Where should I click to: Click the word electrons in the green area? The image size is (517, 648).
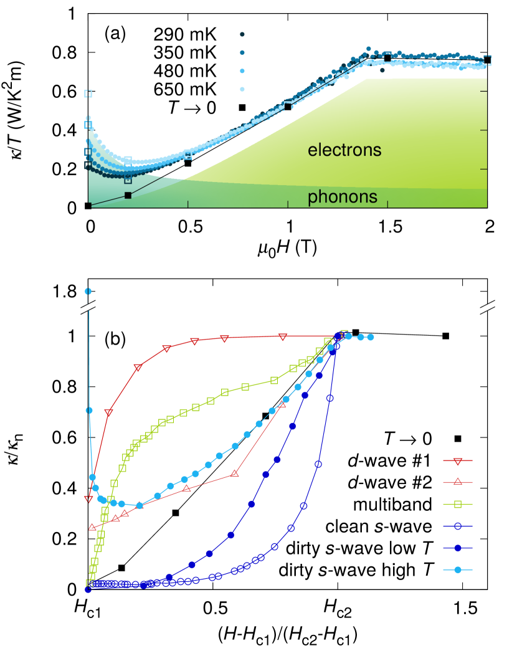click(344, 150)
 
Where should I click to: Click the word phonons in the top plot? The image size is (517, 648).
click(342, 197)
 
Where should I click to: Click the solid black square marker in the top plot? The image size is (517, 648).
click(128, 195)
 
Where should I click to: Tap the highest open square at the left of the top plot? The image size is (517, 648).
click(88, 93)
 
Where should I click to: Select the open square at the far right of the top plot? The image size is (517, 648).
click(487, 60)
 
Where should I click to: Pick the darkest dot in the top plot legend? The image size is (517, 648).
click(242, 34)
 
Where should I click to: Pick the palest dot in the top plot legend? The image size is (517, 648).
click(242, 90)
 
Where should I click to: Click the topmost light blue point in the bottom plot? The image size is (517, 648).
click(88, 291)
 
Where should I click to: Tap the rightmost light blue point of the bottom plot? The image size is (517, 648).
click(371, 337)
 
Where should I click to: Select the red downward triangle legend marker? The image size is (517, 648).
click(458, 462)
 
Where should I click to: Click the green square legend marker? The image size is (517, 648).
click(458, 503)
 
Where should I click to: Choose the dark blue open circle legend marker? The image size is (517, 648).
click(458, 526)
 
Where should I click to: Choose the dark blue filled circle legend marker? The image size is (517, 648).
click(458, 548)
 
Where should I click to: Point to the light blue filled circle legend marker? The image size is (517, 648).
click(458, 569)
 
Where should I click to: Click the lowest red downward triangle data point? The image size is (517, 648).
click(88, 499)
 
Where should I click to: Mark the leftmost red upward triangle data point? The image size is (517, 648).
click(92, 526)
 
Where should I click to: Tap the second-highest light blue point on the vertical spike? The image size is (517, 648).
click(89, 410)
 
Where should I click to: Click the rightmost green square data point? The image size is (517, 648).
click(344, 334)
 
